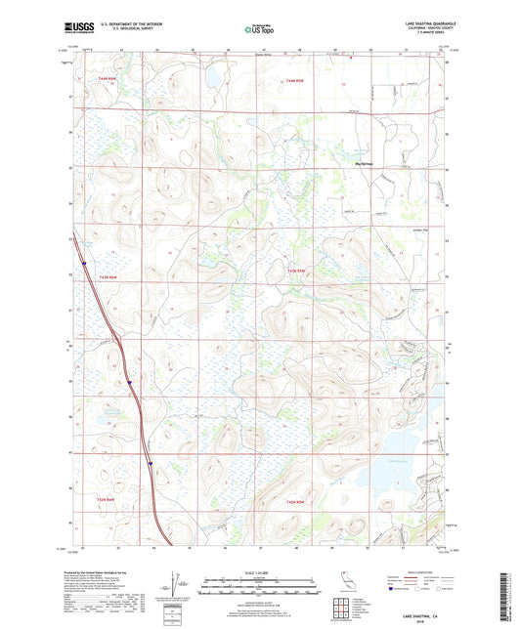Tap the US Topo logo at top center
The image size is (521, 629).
(260, 29)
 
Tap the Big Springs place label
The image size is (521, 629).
(365, 163)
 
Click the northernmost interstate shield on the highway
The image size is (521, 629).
(85, 262)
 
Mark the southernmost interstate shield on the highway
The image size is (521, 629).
(150, 464)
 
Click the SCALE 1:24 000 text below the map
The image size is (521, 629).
(260, 571)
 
